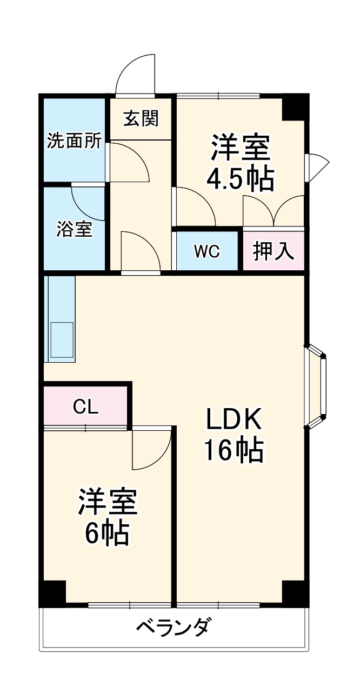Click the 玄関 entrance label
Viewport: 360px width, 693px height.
pos(141,119)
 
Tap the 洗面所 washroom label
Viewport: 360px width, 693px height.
pos(74,141)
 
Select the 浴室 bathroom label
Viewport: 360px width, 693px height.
pos(74,229)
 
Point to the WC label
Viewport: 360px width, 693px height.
pos(207,251)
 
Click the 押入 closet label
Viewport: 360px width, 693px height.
pos(274,251)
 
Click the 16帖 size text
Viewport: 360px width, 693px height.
pos(234,450)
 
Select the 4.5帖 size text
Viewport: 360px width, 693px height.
pos(240,179)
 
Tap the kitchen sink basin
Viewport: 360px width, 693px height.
pos(61,339)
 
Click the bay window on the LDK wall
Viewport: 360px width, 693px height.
pos(319,386)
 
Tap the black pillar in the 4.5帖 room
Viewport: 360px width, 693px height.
pos(295,108)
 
